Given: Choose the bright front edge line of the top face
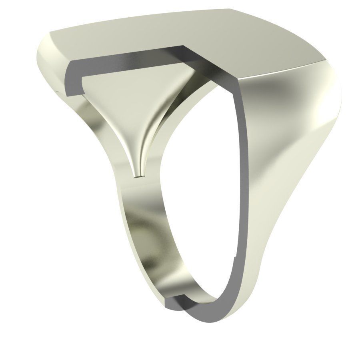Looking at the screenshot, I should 280,70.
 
